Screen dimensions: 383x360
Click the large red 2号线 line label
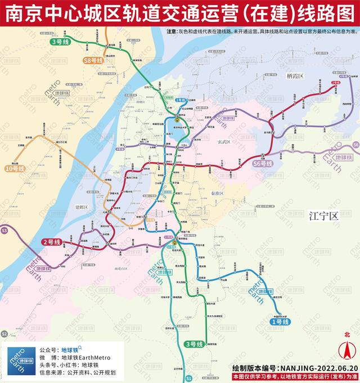(52, 242)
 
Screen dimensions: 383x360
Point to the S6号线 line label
(262, 164)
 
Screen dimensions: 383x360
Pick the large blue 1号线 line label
(277, 321)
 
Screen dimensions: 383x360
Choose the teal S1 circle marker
(189, 378)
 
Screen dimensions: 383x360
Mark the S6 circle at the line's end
(355, 145)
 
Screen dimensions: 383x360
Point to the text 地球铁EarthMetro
(86, 357)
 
